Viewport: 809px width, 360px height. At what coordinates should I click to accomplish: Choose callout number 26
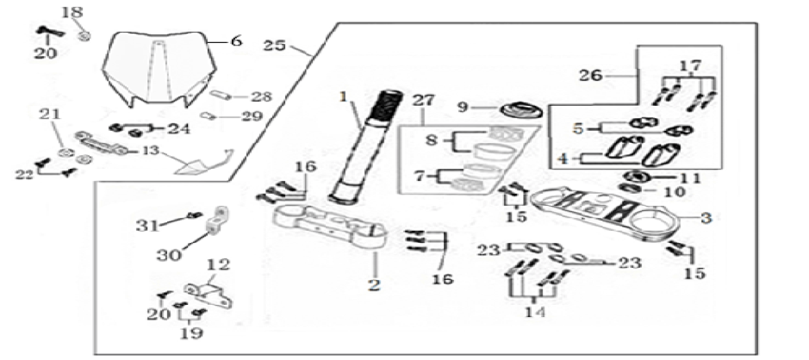pyautogui.click(x=590, y=76)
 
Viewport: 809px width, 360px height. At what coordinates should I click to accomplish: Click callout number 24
pyautogui.click(x=179, y=129)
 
